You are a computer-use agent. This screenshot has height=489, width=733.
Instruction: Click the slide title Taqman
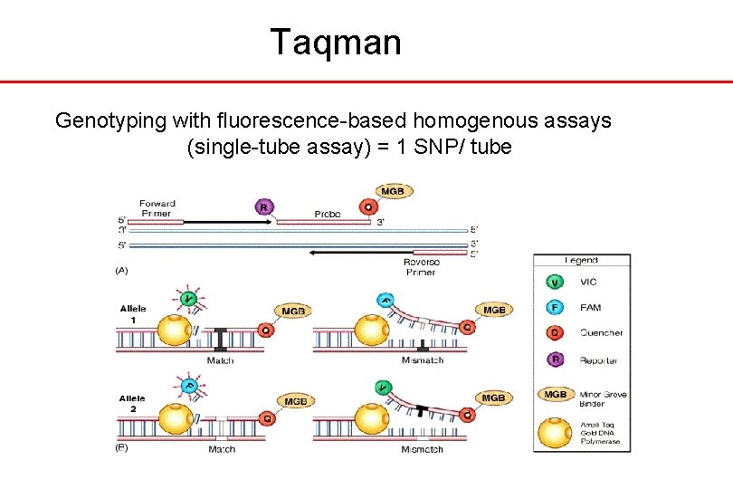click(x=335, y=42)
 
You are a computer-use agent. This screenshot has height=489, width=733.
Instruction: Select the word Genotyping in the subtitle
click(x=108, y=120)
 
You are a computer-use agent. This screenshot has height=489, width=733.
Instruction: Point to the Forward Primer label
click(x=157, y=208)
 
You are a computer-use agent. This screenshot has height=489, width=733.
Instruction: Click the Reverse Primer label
click(x=421, y=267)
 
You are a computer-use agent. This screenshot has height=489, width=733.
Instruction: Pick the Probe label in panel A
click(x=328, y=214)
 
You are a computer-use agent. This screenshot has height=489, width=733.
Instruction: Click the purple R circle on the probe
click(x=264, y=206)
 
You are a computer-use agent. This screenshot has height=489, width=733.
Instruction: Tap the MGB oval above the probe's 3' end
click(x=393, y=191)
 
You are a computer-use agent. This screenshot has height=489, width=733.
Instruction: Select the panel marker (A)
click(x=120, y=270)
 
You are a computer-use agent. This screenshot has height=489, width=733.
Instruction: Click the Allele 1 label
click(x=133, y=314)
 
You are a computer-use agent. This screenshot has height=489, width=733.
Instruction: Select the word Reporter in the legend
click(x=601, y=360)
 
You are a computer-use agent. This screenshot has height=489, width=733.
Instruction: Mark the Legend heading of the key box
click(x=581, y=260)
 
